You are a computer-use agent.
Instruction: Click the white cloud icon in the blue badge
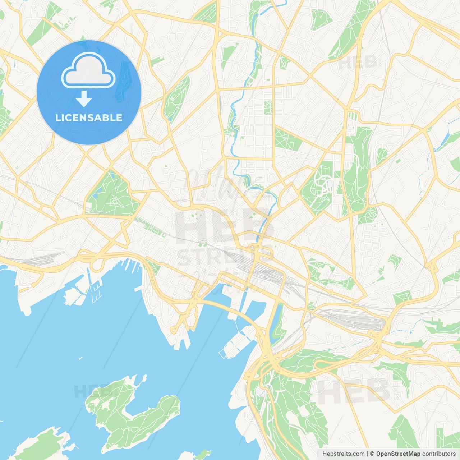(x=88, y=70)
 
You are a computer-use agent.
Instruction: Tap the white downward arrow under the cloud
(x=84, y=99)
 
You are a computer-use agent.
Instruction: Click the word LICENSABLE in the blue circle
(x=89, y=118)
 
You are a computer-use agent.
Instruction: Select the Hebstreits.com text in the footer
(x=343, y=454)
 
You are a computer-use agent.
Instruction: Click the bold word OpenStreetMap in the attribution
(x=398, y=454)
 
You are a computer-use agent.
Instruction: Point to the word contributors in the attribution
(x=438, y=454)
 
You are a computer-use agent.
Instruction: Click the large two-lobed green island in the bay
(x=133, y=413)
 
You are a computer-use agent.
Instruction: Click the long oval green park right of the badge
(x=177, y=98)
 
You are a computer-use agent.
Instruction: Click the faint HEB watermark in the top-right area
(x=358, y=63)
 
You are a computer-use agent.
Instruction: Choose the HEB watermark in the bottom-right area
(x=354, y=391)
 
